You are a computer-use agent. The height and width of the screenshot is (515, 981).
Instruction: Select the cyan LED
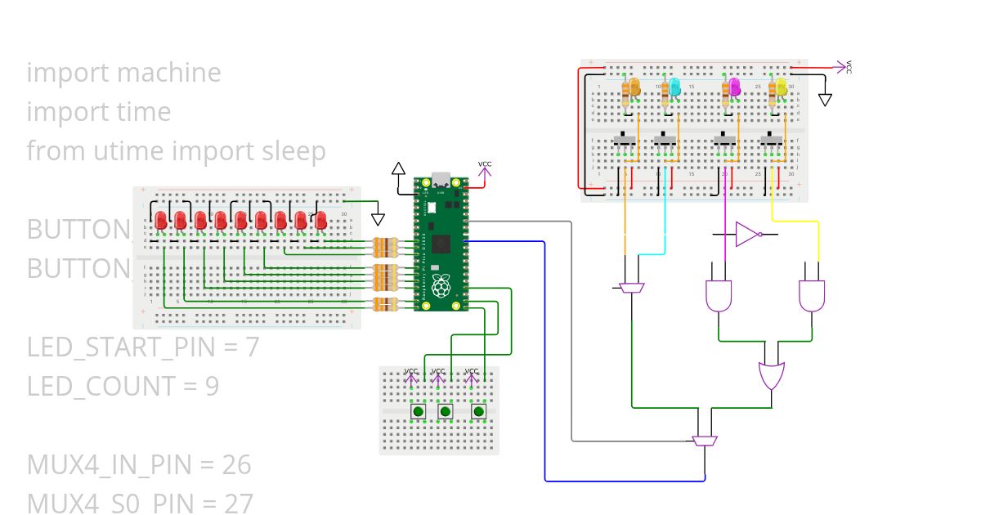pos(674,87)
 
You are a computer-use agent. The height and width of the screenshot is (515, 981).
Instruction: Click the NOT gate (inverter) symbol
pos(747,235)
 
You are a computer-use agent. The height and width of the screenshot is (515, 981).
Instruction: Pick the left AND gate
pos(718,296)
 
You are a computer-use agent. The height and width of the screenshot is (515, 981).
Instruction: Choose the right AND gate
pos(812,296)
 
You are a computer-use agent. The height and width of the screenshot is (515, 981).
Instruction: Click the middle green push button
pos(446,411)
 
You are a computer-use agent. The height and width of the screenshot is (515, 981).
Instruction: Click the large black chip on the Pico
pos(442,243)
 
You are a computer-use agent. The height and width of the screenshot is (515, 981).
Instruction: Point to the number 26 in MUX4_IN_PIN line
pos(236,465)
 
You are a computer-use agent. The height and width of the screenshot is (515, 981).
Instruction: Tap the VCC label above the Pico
pos(485,164)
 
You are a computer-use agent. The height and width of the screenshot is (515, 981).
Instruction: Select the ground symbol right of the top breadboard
pos(825,100)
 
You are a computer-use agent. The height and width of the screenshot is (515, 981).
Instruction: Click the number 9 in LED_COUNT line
pos(211,386)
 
